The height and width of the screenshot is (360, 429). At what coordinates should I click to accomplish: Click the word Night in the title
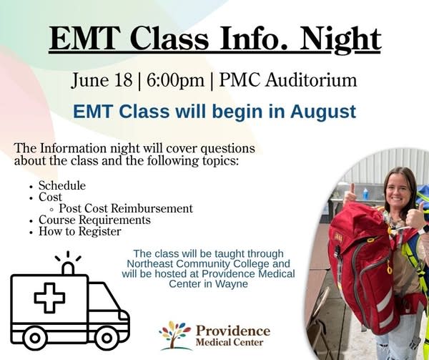click(x=340, y=40)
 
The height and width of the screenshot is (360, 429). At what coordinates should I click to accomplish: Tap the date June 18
click(x=102, y=80)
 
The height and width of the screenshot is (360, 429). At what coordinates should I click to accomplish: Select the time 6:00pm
click(x=175, y=80)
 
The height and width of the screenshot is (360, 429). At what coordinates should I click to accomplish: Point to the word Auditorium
click(x=311, y=80)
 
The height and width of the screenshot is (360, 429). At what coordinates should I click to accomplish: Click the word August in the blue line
click(x=323, y=112)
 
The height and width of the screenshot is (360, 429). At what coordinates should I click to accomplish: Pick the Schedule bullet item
click(x=62, y=185)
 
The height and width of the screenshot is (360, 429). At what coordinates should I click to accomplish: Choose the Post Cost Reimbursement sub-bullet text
click(x=126, y=208)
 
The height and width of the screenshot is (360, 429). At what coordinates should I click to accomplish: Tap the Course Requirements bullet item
click(x=94, y=220)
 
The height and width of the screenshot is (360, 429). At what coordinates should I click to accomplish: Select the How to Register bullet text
click(x=80, y=231)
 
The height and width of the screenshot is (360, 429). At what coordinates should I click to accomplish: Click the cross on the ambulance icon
click(x=49, y=298)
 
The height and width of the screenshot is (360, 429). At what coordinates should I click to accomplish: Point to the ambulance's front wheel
click(x=107, y=338)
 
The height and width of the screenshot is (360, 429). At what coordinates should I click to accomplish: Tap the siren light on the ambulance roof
click(x=68, y=268)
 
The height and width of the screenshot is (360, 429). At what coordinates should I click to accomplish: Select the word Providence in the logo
click(x=233, y=331)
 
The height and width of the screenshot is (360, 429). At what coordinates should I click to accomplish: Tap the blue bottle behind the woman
click(x=365, y=194)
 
